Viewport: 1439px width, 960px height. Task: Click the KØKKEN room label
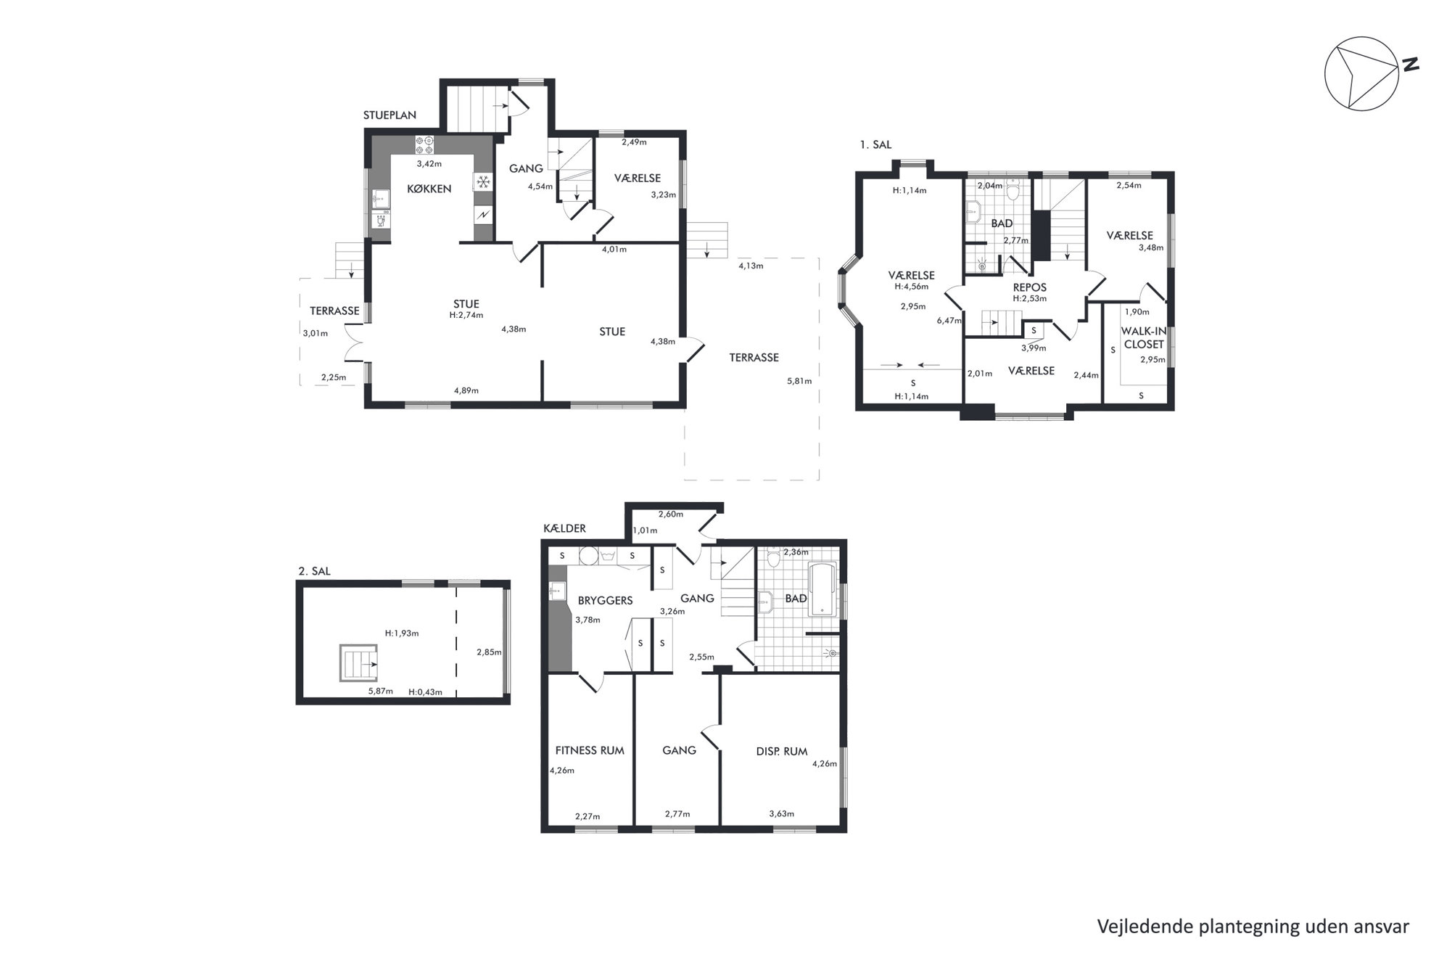429,189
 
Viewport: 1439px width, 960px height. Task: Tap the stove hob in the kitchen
425,145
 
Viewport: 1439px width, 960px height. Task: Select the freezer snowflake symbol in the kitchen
483,182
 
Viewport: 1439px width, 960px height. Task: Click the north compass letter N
1410,65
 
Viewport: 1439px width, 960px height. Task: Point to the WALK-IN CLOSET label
1144,337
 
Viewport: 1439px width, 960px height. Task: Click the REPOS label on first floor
1030,287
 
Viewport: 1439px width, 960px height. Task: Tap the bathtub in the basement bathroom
822,589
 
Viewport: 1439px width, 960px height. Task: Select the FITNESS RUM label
590,750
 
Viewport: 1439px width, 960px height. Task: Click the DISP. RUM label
782,751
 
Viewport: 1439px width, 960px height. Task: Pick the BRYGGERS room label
605,600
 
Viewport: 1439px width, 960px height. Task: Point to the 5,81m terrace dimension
799,381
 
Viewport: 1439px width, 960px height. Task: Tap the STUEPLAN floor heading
390,115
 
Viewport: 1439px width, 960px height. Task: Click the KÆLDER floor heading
564,528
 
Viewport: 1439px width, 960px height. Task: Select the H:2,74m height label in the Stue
466,315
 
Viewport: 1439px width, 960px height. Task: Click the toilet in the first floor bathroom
1013,190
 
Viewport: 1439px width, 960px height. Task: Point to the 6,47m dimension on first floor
949,320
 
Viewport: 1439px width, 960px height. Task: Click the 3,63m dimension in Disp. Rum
782,813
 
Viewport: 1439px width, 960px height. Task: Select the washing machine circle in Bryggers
587,556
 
